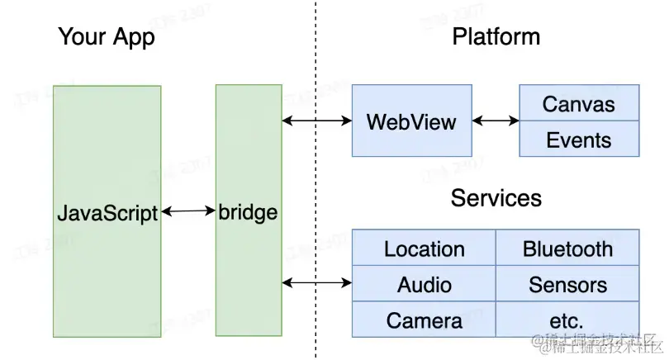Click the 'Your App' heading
[107, 37]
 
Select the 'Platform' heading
[496, 37]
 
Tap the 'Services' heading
[496, 198]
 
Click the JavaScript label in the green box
[107, 213]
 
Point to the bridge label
[248, 213]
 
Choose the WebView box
[411, 122]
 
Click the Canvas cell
[578, 104]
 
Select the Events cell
[578, 140]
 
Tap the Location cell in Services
[424, 249]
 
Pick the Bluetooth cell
[567, 249]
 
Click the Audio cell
[424, 285]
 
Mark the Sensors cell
[567, 285]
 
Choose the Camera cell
[424, 320]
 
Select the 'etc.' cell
[567, 320]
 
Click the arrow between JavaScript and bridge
[188, 212]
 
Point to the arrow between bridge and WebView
[317, 121]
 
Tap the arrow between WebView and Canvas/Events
[496, 121]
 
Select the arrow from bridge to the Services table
[317, 283]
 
